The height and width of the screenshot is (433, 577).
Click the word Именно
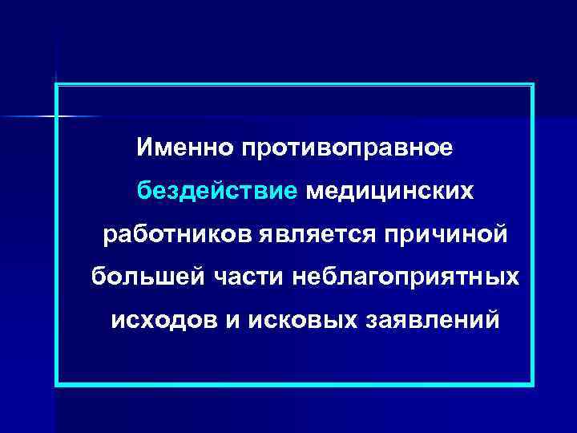coord(182,148)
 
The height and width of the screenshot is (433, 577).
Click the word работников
coord(179,236)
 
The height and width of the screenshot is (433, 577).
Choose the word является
coord(321,236)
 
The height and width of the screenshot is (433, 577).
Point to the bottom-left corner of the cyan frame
coord(57,385)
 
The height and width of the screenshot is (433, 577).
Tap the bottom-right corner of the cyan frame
coord(532,385)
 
